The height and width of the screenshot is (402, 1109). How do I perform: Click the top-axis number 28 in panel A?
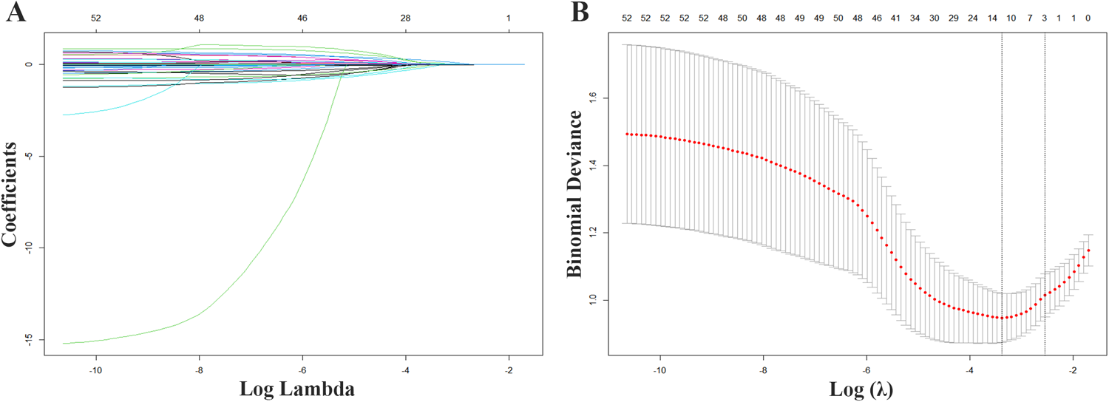tap(405, 16)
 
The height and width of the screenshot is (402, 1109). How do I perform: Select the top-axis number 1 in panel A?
tap(508, 16)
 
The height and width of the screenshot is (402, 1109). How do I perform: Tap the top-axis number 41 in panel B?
tap(895, 16)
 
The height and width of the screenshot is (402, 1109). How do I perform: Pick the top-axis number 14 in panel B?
tap(991, 16)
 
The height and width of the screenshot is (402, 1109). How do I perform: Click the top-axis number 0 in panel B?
tap(1088, 16)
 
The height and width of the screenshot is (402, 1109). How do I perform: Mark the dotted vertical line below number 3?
tap(1044, 185)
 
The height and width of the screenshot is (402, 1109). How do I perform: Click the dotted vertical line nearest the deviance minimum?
tap(1002, 185)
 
